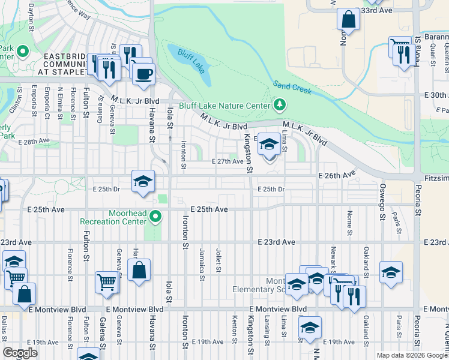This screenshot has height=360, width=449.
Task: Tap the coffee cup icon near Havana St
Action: tap(143, 74)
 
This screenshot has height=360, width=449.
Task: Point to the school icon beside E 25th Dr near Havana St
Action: tap(143, 181)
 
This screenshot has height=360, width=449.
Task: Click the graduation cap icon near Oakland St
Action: tap(391, 272)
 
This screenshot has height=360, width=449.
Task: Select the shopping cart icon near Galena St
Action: tap(106, 281)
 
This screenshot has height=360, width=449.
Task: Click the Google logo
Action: tap(20, 353)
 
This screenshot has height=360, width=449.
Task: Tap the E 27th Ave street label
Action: tap(229, 161)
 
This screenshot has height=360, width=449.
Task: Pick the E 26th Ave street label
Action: tap(336, 175)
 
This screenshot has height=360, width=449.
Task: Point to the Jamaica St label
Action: tap(203, 260)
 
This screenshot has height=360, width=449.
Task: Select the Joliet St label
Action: tap(219, 260)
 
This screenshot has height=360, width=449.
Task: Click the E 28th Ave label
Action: tap(34, 142)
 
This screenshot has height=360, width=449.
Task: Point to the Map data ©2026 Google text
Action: tap(411, 355)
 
